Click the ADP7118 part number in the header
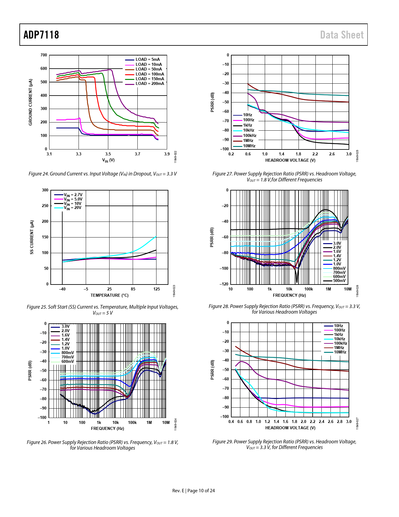pyautogui.click(x=41, y=35)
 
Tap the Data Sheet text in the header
pyautogui.click(x=342, y=35)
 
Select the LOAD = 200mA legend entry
pyautogui.click(x=150, y=84)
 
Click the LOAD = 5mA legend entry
pyautogui.click(x=147, y=60)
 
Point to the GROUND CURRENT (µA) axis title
pyautogui.click(x=30, y=102)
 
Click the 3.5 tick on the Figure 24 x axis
pyautogui.click(x=108, y=154)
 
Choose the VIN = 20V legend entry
pyautogui.click(x=73, y=208)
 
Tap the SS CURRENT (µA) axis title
pyautogui.click(x=32, y=237)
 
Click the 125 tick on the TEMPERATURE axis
pyautogui.click(x=156, y=289)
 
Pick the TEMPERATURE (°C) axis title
pyautogui.click(x=110, y=295)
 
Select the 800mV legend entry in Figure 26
pyautogui.click(x=68, y=353)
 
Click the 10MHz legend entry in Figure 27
pyautogui.click(x=249, y=146)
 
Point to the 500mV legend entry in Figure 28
pyautogui.click(x=339, y=281)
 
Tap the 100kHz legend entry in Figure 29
pyautogui.click(x=340, y=343)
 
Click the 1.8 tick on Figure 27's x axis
pyautogui.click(x=298, y=154)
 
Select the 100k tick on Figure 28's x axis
pyautogui.click(x=309, y=289)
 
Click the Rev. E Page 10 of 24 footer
pyautogui.click(x=193, y=491)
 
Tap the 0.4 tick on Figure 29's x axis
pyautogui.click(x=231, y=421)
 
